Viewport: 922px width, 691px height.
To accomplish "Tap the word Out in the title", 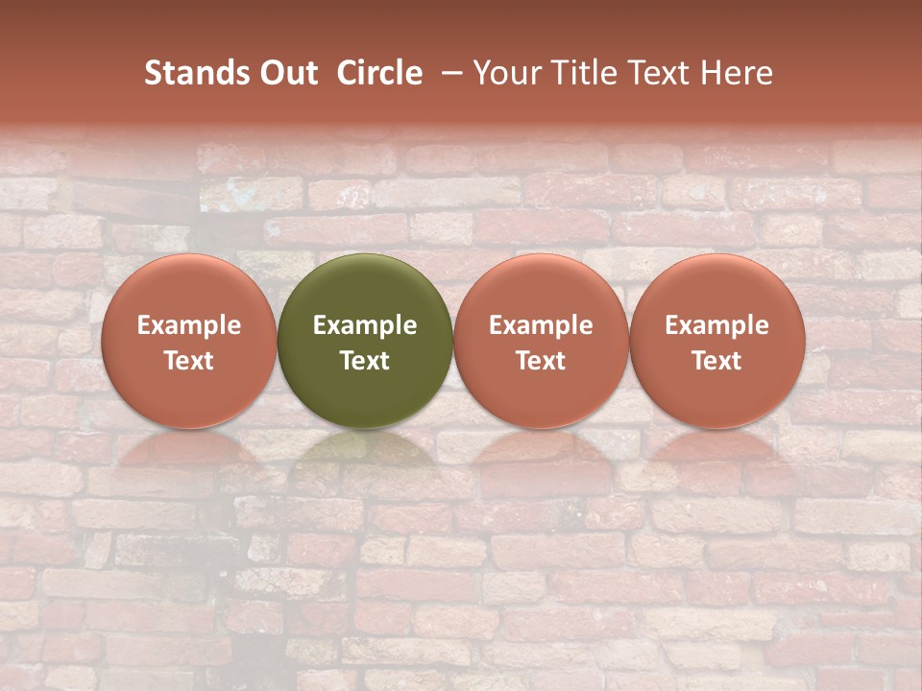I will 287,73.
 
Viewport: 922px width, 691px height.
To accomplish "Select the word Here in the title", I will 739,73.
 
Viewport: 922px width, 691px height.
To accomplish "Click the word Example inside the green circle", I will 365,325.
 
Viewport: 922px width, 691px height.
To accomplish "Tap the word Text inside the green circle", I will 365,361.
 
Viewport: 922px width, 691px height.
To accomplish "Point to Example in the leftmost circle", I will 188,325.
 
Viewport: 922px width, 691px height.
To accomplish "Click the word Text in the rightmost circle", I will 717,361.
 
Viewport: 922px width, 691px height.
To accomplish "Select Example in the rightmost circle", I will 717,325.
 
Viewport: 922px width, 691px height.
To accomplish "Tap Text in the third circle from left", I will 541,361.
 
